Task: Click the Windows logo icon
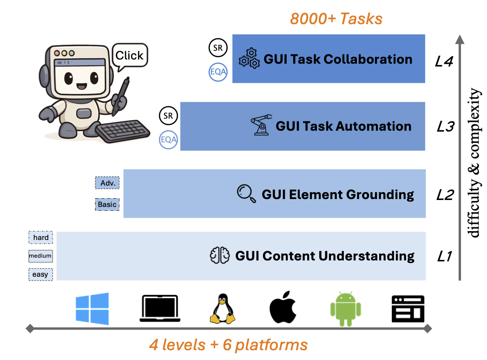point(92,308)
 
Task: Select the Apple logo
point(283,307)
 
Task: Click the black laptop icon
point(159,309)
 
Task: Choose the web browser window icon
point(408,309)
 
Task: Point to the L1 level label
point(444,256)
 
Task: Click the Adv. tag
point(107,183)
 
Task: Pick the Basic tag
point(107,204)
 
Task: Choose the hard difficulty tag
point(41,238)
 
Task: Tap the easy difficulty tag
point(40,274)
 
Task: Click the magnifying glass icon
point(246,193)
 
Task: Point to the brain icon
point(220,255)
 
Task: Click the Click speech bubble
point(129,56)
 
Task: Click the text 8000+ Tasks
point(336,19)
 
